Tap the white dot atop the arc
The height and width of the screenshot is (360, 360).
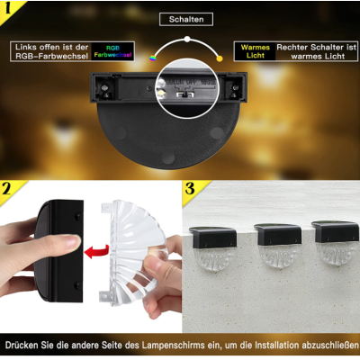point(186,39)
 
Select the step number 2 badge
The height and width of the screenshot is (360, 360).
point(11,190)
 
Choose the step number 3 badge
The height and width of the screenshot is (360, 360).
point(191,190)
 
